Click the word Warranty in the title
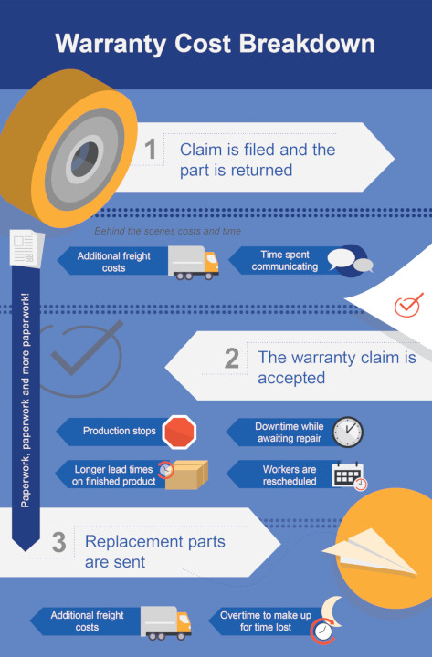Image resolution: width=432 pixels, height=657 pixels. pyautogui.click(x=111, y=45)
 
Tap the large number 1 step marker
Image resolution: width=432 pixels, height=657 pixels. pyautogui.click(x=150, y=149)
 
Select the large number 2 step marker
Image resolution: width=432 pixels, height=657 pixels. pyautogui.click(x=231, y=359)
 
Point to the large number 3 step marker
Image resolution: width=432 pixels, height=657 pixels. pyautogui.click(x=58, y=542)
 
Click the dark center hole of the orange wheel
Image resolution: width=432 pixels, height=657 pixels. pyautogui.click(x=84, y=159)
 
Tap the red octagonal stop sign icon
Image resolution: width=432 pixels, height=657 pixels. pyautogui.click(x=179, y=432)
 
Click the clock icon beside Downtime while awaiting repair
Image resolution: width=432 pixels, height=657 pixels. pyautogui.click(x=348, y=432)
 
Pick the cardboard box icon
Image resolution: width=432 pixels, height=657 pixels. pyautogui.click(x=185, y=474)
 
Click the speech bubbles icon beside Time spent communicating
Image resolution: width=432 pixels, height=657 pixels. pyautogui.click(x=350, y=261)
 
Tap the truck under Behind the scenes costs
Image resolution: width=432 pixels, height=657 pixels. pyautogui.click(x=193, y=263)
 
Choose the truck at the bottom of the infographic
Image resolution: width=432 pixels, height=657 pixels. pyautogui.click(x=165, y=623)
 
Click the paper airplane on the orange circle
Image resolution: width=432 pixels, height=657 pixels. pyautogui.click(x=370, y=551)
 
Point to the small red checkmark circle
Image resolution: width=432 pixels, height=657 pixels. pyautogui.click(x=407, y=306)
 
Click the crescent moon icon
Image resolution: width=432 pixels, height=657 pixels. pyautogui.click(x=332, y=611)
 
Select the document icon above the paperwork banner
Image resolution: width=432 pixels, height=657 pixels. pyautogui.click(x=26, y=248)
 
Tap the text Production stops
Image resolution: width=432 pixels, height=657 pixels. pyautogui.click(x=119, y=431)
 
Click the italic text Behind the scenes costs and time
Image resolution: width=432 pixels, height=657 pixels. pyautogui.click(x=168, y=231)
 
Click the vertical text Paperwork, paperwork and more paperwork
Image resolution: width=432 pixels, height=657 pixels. pyautogui.click(x=26, y=401)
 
